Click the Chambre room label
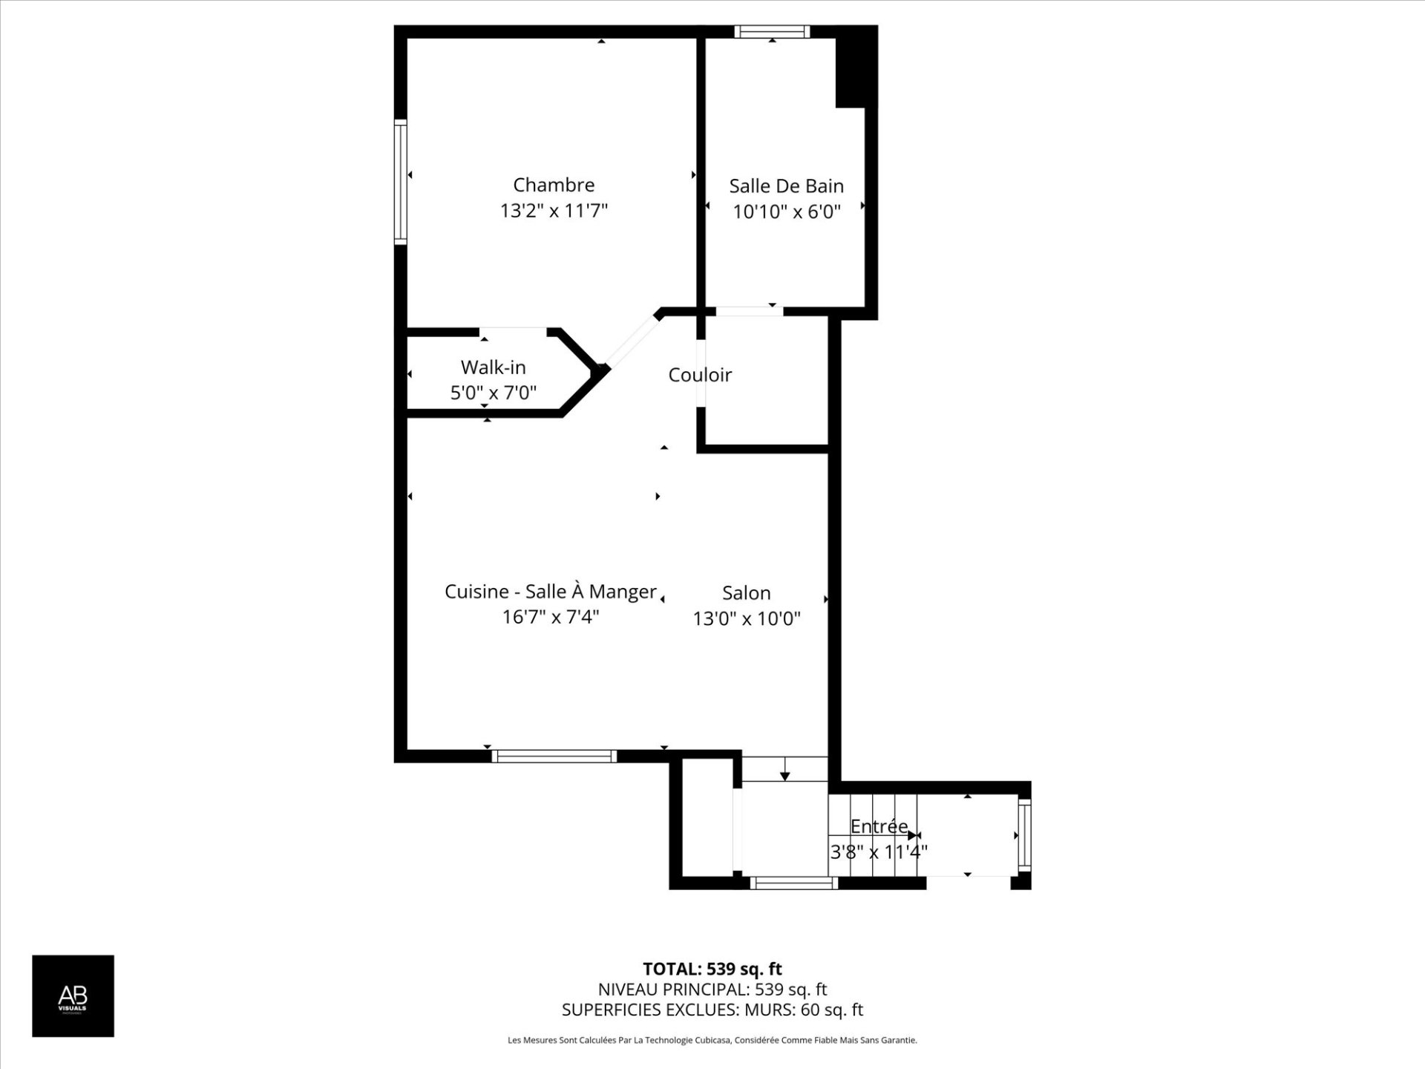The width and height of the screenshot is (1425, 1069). tap(554, 185)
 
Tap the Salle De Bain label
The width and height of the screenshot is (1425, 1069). tap(786, 186)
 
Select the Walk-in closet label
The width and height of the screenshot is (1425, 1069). tap(493, 367)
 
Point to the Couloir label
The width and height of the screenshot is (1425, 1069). tap(700, 375)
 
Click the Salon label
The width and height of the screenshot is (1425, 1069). tap(747, 593)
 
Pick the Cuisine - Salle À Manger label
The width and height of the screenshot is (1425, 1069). tap(551, 592)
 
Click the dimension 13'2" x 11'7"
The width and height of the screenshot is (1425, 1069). tap(554, 211)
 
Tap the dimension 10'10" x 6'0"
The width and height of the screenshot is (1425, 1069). tap(787, 212)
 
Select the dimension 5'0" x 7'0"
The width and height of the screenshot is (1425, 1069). tap(494, 393)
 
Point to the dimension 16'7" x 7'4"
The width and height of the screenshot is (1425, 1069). tap(551, 617)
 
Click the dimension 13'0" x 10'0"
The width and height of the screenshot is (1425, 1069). tap(747, 618)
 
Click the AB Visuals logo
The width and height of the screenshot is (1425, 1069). tap(73, 996)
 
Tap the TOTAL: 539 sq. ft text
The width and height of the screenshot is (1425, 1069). tap(712, 969)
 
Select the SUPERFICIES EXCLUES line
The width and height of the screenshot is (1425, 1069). tap(712, 1010)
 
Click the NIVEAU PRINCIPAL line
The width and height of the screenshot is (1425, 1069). tap(712, 990)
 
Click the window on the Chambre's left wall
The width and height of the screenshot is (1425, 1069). tap(401, 182)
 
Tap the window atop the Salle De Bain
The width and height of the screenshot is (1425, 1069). tap(772, 31)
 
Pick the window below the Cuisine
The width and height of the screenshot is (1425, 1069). tap(554, 756)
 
